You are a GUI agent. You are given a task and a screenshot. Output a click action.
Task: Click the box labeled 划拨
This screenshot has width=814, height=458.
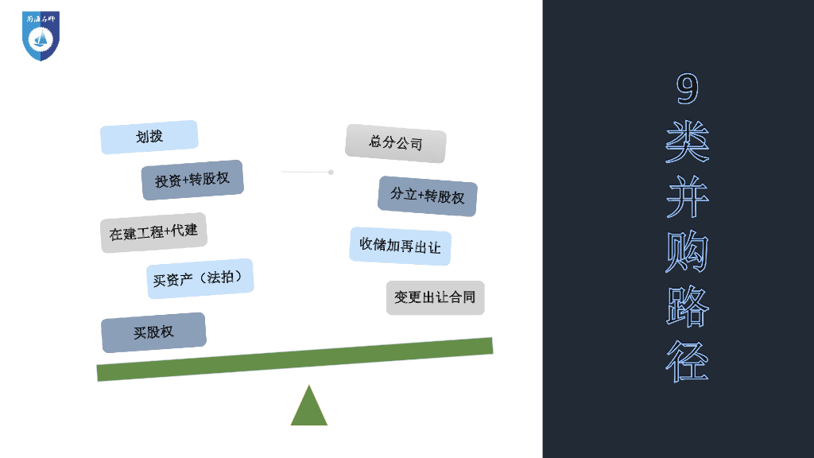149,137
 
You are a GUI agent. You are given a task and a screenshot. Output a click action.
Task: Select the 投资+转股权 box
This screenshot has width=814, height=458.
192,180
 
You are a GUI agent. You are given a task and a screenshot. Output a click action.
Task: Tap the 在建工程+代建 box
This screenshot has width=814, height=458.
153,232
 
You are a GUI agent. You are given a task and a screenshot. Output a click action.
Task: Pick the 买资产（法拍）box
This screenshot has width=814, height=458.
200,278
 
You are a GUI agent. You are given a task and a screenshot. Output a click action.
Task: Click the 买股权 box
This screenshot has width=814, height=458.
153,332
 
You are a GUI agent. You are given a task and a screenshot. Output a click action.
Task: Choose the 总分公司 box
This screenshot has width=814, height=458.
395,143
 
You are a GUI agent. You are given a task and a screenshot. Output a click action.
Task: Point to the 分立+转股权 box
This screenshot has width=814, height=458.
427,196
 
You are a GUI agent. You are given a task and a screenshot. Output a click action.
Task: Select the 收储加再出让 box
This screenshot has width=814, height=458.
400,246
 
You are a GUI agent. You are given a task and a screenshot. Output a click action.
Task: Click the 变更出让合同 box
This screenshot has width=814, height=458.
435,297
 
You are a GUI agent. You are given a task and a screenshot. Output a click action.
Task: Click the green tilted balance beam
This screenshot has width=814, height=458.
294,359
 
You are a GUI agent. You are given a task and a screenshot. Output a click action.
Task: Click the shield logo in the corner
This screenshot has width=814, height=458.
41,36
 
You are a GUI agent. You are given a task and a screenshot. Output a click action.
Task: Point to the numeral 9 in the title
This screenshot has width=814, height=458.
687,89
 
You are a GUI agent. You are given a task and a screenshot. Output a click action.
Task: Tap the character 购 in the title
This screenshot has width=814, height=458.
687,252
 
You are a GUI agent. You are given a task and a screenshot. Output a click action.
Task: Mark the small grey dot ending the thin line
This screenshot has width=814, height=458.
331,172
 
